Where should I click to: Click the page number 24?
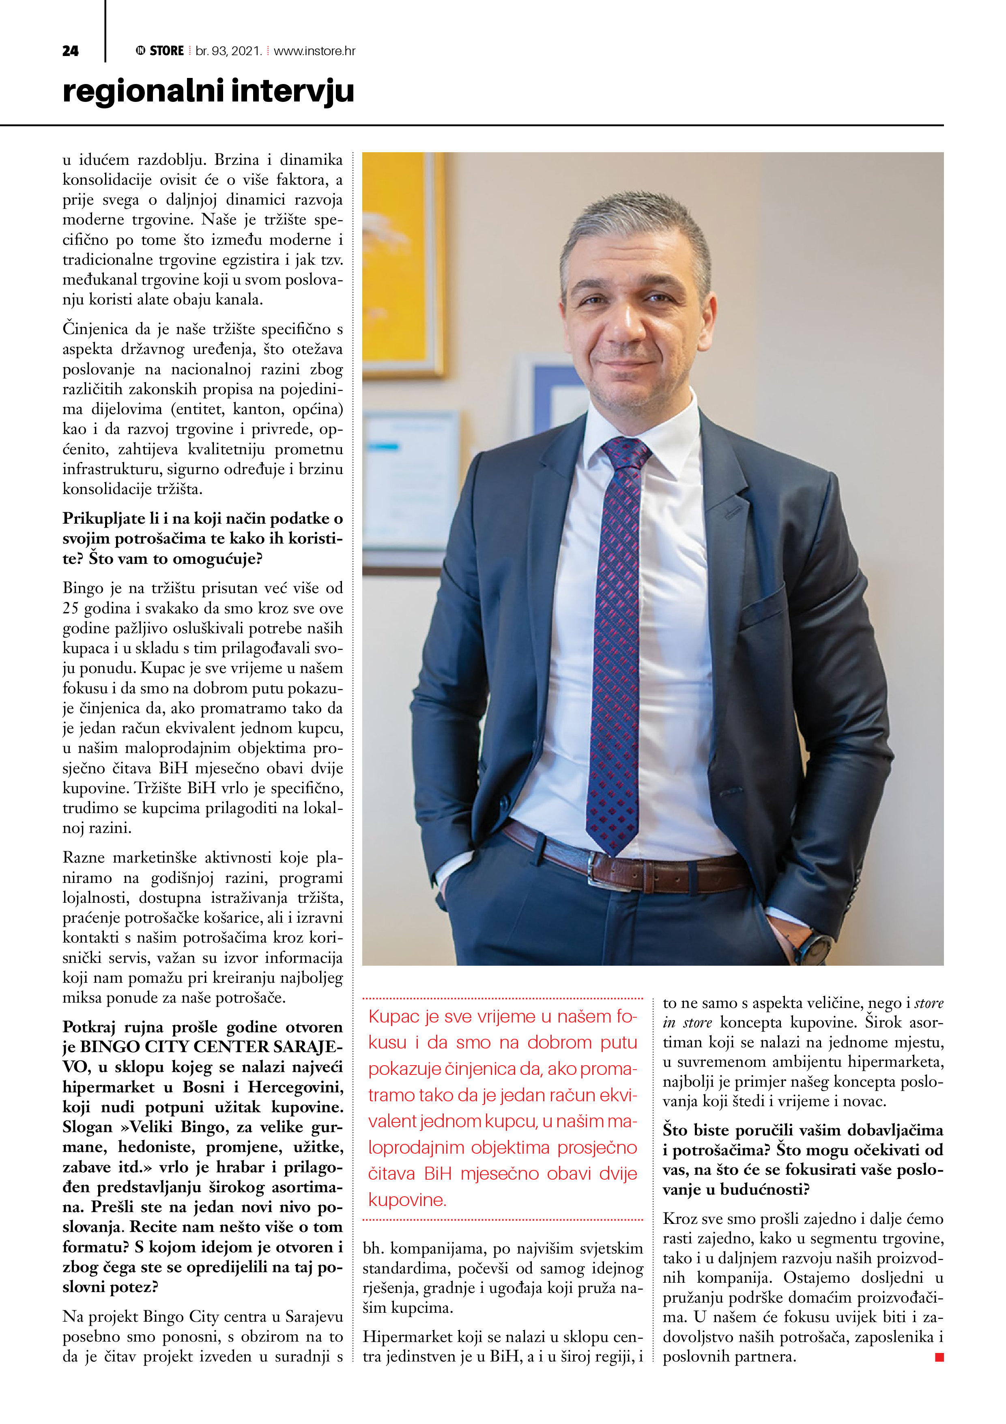point(70,51)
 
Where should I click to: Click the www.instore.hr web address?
point(314,51)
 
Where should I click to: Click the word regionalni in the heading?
point(142,91)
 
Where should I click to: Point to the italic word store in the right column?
point(929,1003)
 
